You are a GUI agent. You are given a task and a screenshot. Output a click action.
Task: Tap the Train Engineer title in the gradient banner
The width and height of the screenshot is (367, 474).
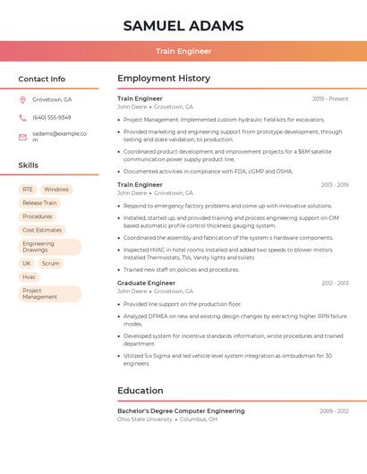point(183,51)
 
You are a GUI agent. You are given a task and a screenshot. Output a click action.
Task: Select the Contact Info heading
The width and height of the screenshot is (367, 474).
point(41,79)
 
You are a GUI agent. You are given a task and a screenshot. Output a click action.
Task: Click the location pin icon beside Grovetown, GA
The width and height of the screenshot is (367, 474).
point(22,99)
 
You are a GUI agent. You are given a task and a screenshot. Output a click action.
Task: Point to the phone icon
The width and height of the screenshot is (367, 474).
point(22,117)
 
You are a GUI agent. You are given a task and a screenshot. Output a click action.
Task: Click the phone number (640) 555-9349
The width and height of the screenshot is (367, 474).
point(51,117)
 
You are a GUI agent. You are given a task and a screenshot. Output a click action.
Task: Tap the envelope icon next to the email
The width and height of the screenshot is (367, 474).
point(22,137)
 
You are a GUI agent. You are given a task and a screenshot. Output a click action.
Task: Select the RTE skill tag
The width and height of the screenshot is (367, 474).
point(28,190)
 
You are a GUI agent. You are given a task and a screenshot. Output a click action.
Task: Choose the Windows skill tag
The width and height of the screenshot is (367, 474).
point(56,190)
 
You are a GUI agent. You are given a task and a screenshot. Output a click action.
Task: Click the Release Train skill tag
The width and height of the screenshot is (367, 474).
point(39,203)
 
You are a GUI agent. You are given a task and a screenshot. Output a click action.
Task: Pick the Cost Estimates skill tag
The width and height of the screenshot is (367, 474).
point(42,230)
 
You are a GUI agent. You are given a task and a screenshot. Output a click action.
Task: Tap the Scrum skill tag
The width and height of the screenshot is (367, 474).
point(50,264)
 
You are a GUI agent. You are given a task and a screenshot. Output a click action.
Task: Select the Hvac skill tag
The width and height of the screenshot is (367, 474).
point(30,277)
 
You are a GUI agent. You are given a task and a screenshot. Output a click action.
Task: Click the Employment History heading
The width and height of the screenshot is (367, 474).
point(164,79)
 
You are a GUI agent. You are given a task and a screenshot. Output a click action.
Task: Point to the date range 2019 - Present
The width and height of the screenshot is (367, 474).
point(330,98)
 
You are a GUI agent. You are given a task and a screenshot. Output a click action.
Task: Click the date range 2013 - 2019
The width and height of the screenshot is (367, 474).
point(335,185)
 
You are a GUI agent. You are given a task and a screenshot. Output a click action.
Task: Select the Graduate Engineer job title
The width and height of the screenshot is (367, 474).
point(146,283)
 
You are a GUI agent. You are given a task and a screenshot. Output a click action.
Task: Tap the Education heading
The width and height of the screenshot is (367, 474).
point(140,391)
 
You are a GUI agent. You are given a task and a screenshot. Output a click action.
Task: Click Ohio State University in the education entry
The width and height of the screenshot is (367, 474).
point(144,419)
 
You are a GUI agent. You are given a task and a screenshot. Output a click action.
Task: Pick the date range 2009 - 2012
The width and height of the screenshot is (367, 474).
point(334,411)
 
